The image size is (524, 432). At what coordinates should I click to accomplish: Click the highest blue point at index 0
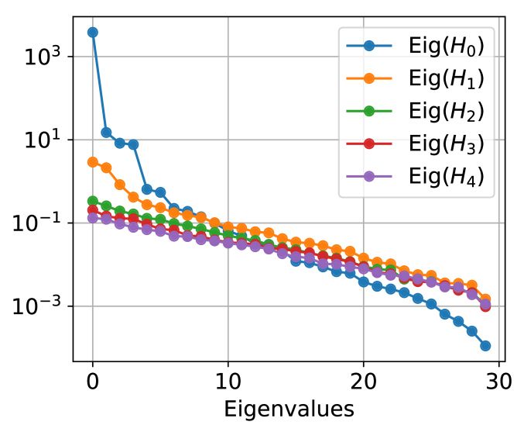click(x=93, y=32)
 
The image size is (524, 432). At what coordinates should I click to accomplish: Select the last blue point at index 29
click(x=485, y=346)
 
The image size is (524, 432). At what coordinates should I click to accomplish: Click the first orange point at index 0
click(x=93, y=162)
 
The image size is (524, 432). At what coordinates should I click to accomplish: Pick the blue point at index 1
click(x=106, y=133)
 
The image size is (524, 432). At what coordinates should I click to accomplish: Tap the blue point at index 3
click(x=133, y=144)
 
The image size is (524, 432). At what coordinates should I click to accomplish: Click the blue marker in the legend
click(x=368, y=46)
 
